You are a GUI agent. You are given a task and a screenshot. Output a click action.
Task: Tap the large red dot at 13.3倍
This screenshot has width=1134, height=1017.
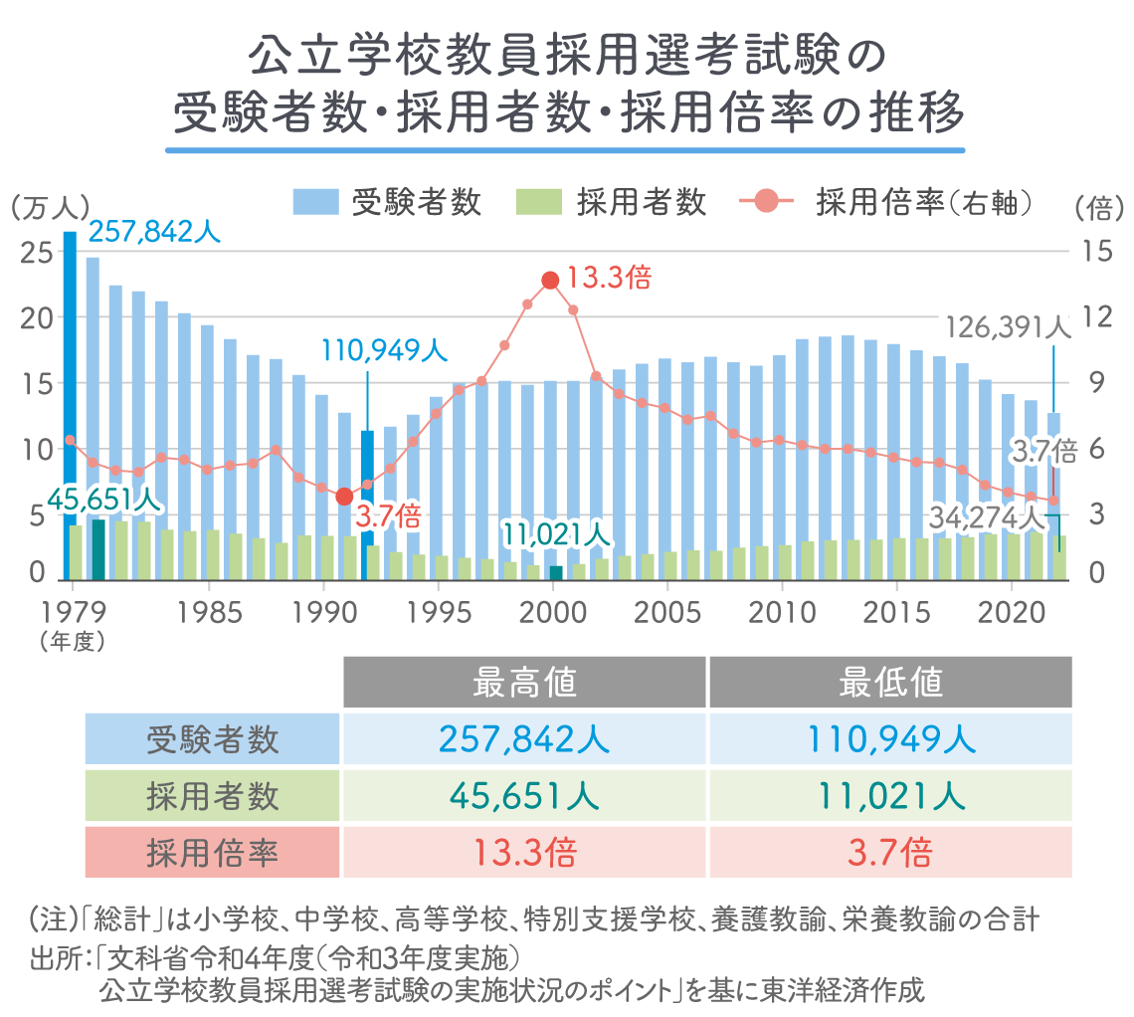[550, 281]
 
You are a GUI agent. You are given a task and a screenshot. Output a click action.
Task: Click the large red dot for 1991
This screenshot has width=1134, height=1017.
[344, 496]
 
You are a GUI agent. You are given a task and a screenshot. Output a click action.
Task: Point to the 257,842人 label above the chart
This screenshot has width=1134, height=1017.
[154, 232]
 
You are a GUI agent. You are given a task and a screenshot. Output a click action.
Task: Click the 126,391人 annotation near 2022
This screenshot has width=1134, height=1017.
[1006, 327]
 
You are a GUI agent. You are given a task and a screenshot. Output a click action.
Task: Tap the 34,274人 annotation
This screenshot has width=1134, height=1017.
[987, 517]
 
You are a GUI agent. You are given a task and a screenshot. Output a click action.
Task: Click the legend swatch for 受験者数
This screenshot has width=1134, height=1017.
[317, 202]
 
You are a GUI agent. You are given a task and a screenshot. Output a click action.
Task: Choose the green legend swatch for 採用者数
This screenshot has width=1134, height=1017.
[540, 202]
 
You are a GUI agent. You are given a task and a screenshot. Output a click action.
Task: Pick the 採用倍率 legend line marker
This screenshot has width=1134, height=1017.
[767, 202]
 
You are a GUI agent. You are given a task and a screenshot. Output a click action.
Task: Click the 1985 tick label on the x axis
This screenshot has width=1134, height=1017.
[208, 607]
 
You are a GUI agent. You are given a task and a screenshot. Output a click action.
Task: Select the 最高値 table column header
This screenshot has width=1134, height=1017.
[524, 683]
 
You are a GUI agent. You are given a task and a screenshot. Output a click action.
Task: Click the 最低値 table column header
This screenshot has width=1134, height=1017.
[890, 683]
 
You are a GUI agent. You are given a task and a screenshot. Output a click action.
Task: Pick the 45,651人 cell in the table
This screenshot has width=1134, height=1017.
[524, 796]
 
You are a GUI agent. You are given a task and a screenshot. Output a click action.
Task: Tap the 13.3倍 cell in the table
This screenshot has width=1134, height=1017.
[524, 853]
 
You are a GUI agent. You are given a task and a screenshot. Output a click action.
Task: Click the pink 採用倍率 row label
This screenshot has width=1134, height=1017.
[212, 853]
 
